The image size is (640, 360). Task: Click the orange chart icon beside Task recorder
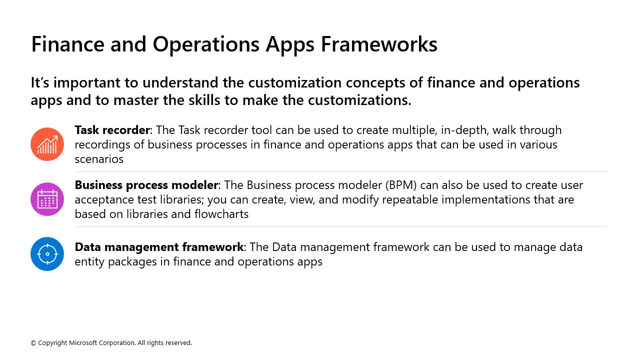(x=47, y=144)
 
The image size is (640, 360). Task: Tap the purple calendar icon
(x=47, y=199)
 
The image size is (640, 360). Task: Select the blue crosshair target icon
(x=47, y=254)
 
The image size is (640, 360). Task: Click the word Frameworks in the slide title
(x=379, y=44)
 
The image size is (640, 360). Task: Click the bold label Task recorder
(x=112, y=130)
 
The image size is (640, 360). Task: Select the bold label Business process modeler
(x=146, y=185)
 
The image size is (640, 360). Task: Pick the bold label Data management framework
(x=159, y=247)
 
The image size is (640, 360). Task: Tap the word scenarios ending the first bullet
(x=99, y=159)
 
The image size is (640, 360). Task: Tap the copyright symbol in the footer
(x=33, y=343)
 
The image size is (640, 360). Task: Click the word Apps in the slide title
(x=290, y=44)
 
